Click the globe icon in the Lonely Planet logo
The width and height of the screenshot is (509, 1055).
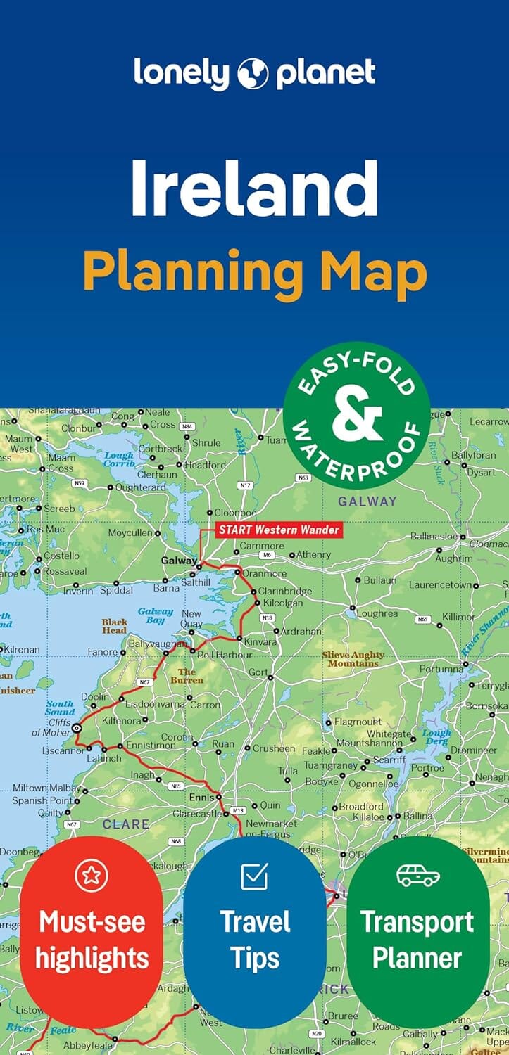tap(254, 73)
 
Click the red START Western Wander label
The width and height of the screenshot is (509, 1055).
tap(279, 530)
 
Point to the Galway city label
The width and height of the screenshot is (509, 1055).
tap(179, 561)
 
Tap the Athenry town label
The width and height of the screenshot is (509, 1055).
tap(313, 554)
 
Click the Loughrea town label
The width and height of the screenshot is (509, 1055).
tap(377, 613)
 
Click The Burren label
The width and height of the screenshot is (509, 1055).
tap(187, 676)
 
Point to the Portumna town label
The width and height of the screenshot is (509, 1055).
tap(441, 669)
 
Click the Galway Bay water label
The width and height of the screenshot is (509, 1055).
tap(156, 616)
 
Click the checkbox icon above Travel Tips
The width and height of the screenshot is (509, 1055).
tap(254, 876)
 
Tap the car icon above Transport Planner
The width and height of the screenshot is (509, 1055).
tap(417, 875)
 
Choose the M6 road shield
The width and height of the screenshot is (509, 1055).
tap(266, 555)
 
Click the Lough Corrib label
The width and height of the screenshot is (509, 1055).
tap(119, 460)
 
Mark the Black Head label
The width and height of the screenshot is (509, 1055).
tap(114, 626)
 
